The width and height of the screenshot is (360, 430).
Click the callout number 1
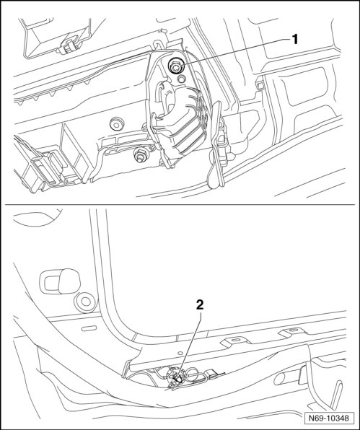(294, 40)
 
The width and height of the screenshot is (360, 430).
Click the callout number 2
(200, 304)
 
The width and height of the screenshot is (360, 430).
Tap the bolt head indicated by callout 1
(175, 66)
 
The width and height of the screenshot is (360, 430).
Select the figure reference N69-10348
(329, 418)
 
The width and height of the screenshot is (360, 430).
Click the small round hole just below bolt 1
(181, 79)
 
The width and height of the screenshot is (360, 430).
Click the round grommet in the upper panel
(116, 124)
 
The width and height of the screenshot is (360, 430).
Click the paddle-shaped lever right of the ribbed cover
(216, 145)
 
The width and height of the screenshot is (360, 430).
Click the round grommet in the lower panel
(86, 302)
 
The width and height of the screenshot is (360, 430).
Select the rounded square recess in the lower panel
(60, 281)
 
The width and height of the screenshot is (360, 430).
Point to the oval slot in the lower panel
(89, 328)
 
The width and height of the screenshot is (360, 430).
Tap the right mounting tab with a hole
(291, 332)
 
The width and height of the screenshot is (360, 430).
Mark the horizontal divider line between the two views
(180, 205)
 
